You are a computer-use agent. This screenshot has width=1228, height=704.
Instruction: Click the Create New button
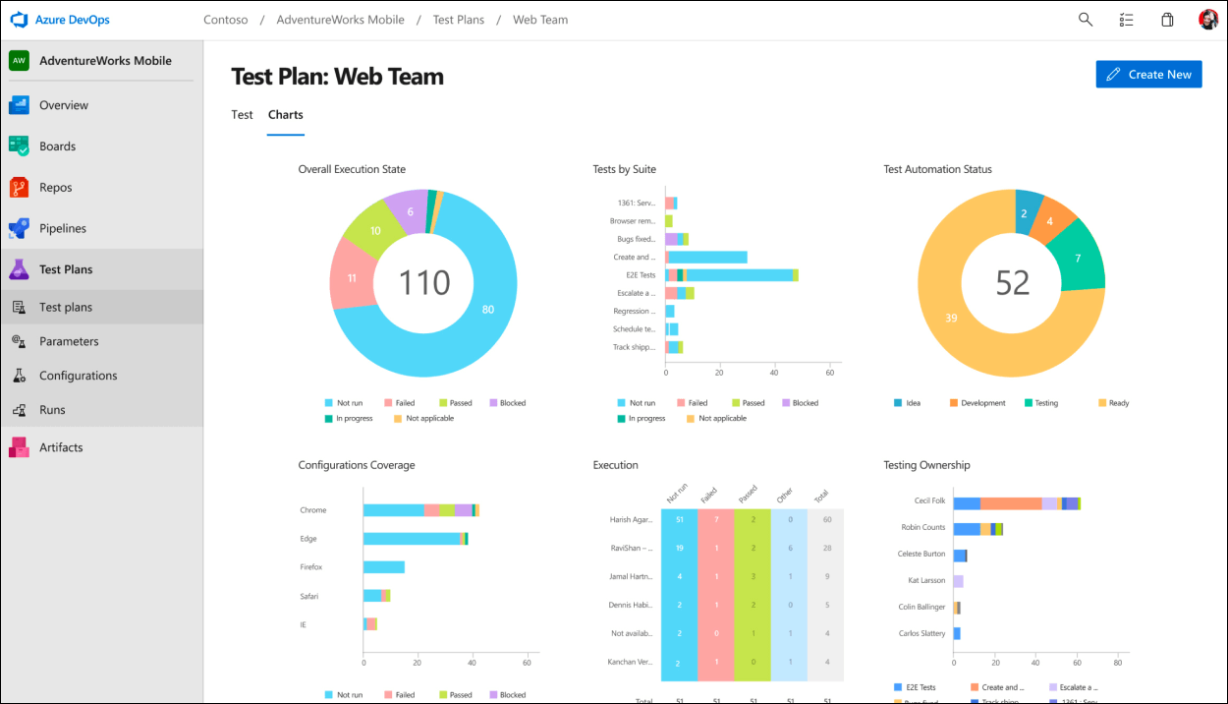click(x=1148, y=75)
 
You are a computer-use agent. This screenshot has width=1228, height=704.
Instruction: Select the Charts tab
click(x=285, y=115)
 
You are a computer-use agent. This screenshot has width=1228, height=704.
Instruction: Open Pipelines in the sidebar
click(x=63, y=228)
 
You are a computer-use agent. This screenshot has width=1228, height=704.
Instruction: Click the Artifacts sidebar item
click(x=61, y=447)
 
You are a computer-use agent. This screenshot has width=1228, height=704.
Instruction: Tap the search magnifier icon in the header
click(x=1086, y=20)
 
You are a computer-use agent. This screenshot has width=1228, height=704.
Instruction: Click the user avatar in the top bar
click(x=1208, y=20)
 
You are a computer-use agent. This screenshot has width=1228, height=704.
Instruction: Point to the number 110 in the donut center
click(x=424, y=283)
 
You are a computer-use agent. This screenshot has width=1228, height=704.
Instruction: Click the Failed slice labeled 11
click(x=352, y=278)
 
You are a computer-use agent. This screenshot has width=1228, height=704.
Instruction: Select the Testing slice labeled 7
click(x=1078, y=258)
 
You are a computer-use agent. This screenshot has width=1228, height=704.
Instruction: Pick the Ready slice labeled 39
click(x=951, y=318)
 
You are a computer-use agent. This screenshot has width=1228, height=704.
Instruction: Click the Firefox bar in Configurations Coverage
click(x=384, y=567)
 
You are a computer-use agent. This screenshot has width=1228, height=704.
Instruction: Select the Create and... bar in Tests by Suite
click(x=706, y=258)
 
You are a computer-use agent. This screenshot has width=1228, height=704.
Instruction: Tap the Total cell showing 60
click(x=826, y=519)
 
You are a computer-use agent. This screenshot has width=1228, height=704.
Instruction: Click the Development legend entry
click(x=977, y=403)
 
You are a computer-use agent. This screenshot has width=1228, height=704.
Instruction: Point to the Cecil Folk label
click(x=929, y=501)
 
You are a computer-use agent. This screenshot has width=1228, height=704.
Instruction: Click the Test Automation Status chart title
click(x=937, y=169)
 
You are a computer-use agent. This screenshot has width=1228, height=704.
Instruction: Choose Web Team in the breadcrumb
click(x=540, y=20)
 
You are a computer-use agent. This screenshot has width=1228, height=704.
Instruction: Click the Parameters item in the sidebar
click(x=69, y=341)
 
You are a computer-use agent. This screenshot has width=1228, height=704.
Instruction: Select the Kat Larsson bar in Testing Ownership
click(x=958, y=581)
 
